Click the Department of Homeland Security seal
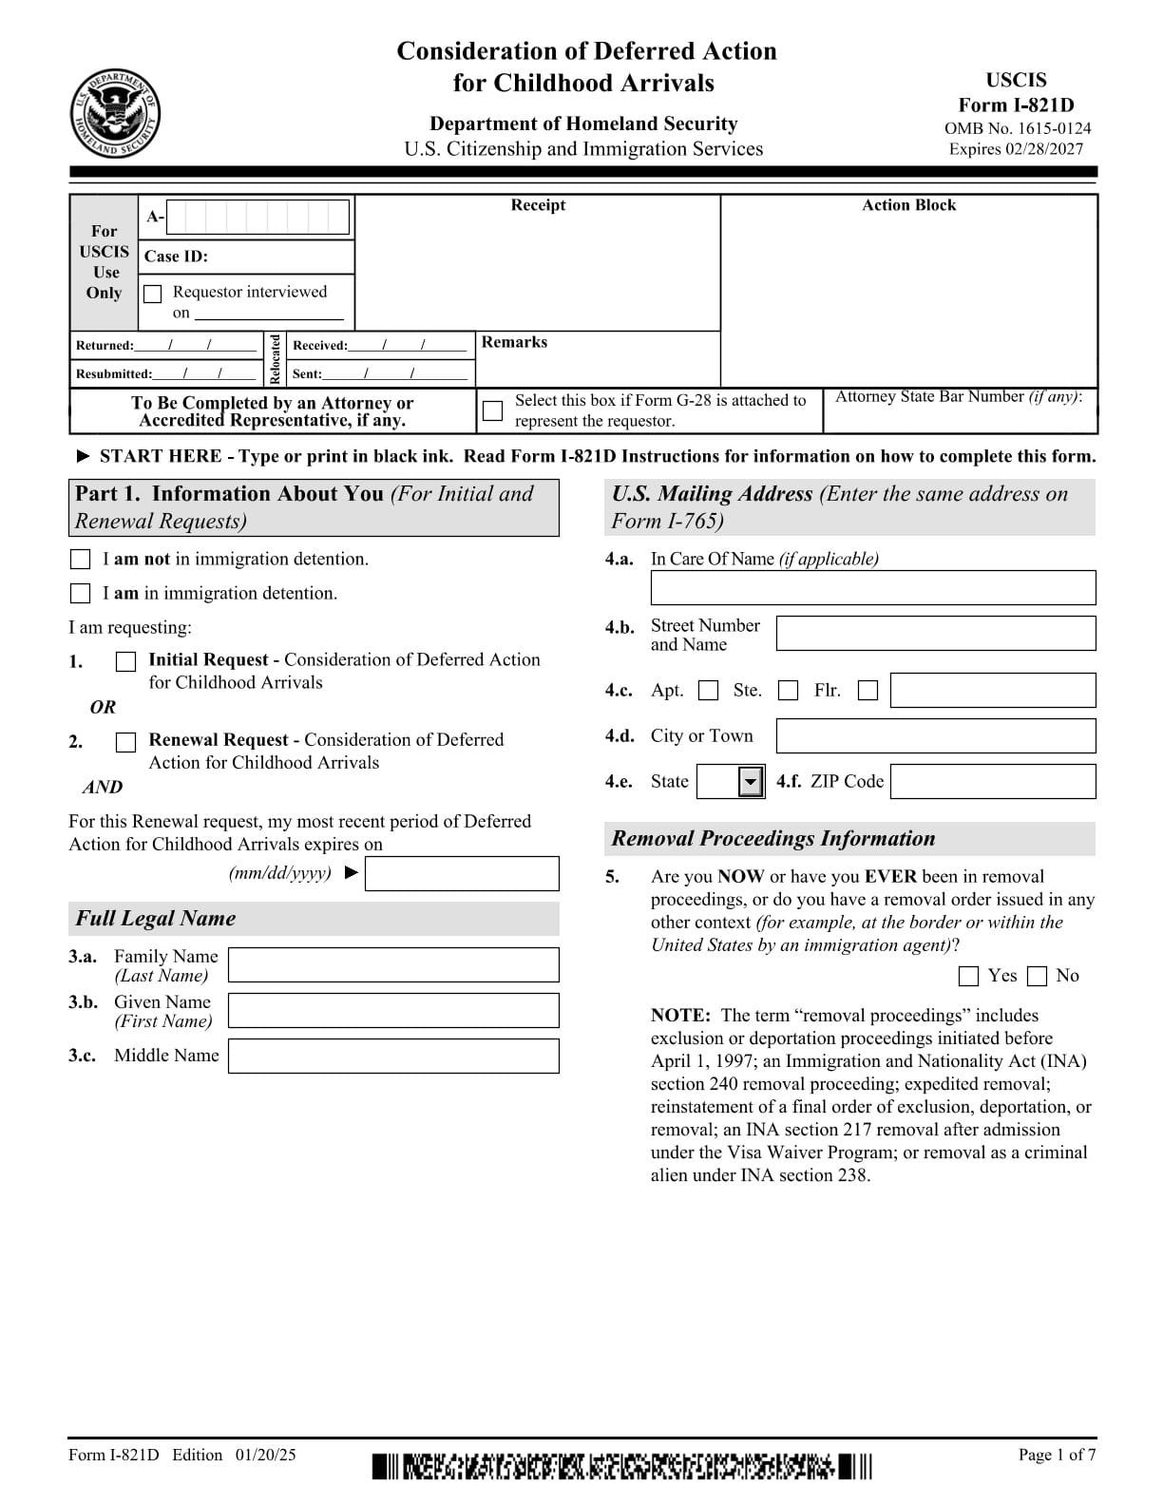pos(115,114)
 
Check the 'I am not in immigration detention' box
pos(81,559)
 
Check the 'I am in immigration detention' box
pos(81,593)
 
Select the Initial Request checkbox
pos(125,661)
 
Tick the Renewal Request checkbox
pos(125,742)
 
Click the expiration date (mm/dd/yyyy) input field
pos(462,873)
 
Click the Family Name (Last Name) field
pos(393,964)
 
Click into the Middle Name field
pos(393,1056)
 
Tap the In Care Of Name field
pos(872,587)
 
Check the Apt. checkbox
pos(708,691)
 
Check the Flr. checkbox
pos(867,691)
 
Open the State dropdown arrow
pos(752,782)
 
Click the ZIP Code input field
pos(992,782)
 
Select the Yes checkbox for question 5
pos(968,976)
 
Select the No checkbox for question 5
pos(1038,976)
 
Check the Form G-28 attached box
pos(492,410)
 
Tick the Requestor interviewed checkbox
pos(153,294)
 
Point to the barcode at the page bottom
pos(621,1465)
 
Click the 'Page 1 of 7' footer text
pos(1057,1455)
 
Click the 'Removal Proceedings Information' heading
pos(772,838)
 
